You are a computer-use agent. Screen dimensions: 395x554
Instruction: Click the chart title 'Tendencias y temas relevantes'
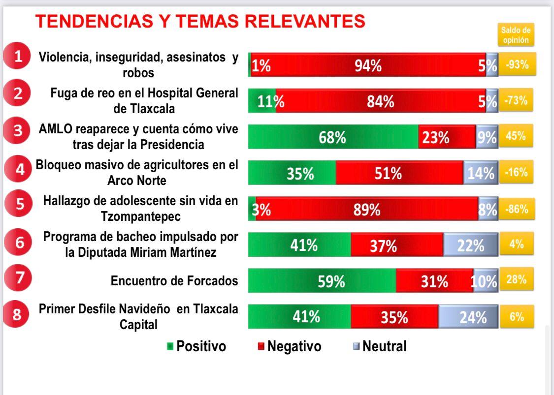pyautogui.click(x=200, y=21)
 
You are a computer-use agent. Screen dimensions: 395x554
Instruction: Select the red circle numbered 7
pyautogui.click(x=18, y=278)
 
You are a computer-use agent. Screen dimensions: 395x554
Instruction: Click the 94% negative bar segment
pyautogui.click(x=368, y=65)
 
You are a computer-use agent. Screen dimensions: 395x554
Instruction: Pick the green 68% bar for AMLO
pyautogui.click(x=333, y=137)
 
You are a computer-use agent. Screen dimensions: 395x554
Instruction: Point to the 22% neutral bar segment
pyautogui.click(x=471, y=245)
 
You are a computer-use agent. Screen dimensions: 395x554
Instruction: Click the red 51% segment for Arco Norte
pyautogui.click(x=399, y=173)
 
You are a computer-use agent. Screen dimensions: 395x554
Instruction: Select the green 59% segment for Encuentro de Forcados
pyautogui.click(x=322, y=281)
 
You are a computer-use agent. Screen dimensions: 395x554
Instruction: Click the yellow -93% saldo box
pyautogui.click(x=517, y=64)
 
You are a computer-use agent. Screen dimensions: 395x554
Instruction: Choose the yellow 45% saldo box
pyautogui.click(x=517, y=136)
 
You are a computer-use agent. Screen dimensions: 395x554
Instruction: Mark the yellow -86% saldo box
pyautogui.click(x=517, y=209)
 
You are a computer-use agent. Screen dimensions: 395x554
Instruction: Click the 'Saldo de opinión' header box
pyautogui.click(x=516, y=35)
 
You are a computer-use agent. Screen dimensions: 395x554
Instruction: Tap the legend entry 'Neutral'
pyautogui.click(x=380, y=346)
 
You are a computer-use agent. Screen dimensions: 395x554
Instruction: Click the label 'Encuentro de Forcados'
pyautogui.click(x=174, y=281)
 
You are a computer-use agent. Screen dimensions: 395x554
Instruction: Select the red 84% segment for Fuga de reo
pyautogui.click(x=380, y=101)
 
